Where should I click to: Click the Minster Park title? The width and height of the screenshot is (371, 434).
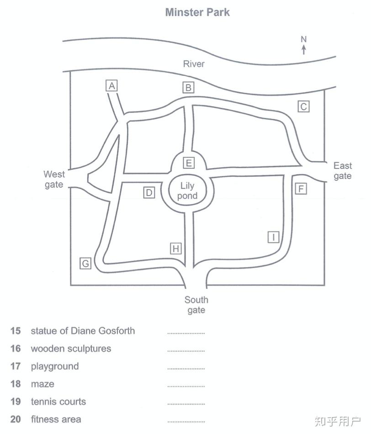click(x=197, y=12)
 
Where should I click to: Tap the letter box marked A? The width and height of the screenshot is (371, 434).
click(x=111, y=85)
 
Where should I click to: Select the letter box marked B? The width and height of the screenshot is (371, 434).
click(x=188, y=88)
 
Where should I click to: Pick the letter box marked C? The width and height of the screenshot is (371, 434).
click(x=303, y=106)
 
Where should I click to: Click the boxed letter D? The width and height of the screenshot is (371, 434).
click(x=149, y=193)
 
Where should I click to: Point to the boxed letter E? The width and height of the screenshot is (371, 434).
click(x=188, y=163)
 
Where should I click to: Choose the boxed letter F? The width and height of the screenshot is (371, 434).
click(x=300, y=188)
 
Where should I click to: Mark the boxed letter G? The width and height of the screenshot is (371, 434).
click(x=85, y=263)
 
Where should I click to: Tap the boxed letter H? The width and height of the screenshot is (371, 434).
click(x=176, y=249)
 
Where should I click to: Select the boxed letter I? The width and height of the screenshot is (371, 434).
click(x=273, y=237)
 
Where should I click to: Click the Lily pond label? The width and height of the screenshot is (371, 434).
click(x=187, y=191)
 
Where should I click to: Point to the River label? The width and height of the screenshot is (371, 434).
click(x=194, y=64)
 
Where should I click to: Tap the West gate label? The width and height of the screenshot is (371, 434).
click(x=54, y=179)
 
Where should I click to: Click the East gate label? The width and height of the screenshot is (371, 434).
click(x=343, y=171)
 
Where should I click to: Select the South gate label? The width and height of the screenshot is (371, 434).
click(x=196, y=305)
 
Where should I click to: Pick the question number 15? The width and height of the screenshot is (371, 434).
click(x=16, y=331)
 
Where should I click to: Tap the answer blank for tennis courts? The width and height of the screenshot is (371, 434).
click(x=186, y=404)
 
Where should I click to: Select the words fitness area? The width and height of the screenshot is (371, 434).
click(x=56, y=419)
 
